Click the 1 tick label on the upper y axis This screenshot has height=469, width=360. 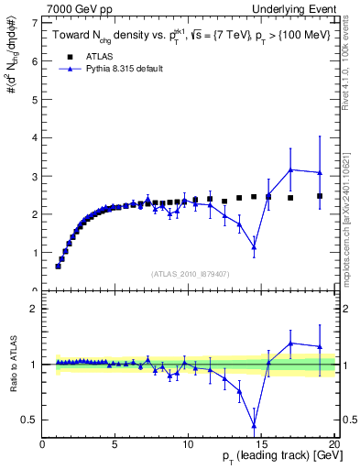click(35, 253)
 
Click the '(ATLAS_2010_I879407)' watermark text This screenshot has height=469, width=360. click(190, 274)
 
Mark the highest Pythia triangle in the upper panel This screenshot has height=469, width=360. click(290, 169)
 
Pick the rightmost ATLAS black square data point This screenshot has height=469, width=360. click(320, 196)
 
